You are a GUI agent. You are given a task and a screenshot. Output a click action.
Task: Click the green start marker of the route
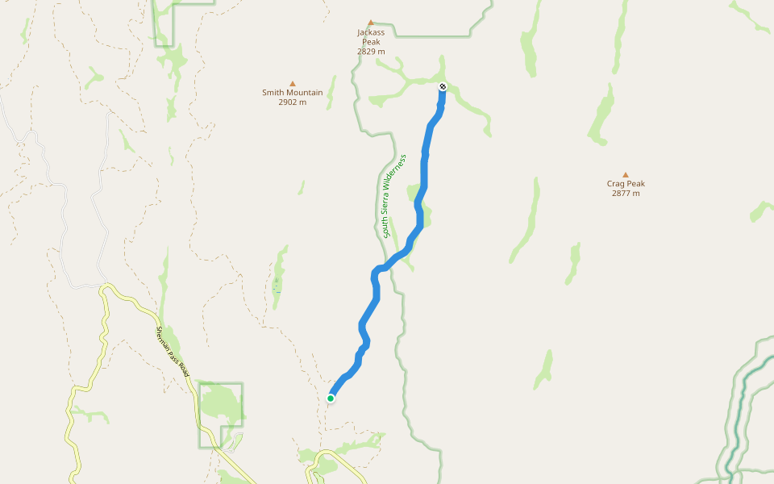click(x=331, y=398)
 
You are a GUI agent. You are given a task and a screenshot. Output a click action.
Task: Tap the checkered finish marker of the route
click(x=443, y=86)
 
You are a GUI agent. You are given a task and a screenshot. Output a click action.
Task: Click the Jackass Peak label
click(x=371, y=37)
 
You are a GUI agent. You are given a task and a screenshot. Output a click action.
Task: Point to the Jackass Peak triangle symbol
click(x=371, y=23)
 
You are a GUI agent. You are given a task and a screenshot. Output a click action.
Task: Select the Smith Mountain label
click(x=292, y=93)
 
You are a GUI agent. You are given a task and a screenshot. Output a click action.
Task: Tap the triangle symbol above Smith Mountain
click(x=293, y=83)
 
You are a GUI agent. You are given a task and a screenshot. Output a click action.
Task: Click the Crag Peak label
click(x=626, y=184)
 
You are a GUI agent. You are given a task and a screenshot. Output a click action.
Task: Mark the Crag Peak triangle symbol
click(x=626, y=174)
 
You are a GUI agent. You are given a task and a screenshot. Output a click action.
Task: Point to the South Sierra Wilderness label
click(x=393, y=197)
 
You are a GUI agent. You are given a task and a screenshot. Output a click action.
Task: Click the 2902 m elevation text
click(x=292, y=102)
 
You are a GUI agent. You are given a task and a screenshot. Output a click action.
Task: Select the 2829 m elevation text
click(x=371, y=52)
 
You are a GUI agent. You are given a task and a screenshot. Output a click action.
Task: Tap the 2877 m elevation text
click(x=626, y=194)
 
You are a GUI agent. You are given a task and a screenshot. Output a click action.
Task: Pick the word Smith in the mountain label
click(x=274, y=93)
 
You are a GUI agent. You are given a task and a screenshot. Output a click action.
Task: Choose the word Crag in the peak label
click(x=617, y=184)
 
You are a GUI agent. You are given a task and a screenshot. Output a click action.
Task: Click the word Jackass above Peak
click(x=371, y=32)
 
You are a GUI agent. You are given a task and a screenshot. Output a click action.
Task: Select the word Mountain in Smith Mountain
click(x=305, y=93)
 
